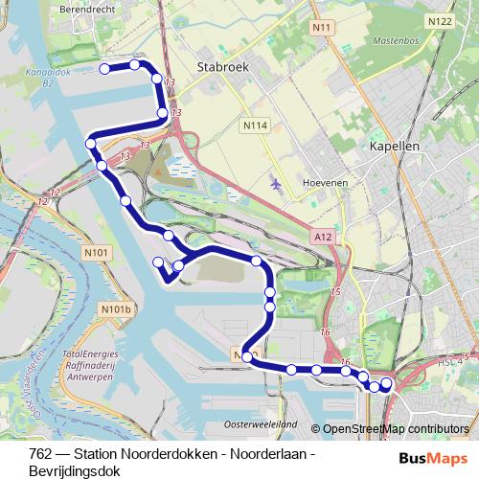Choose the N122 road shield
click(x=439, y=21)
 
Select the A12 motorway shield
click(x=323, y=233)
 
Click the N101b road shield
click(x=113, y=309)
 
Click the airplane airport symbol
click(x=277, y=183)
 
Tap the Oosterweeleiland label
click(x=260, y=423)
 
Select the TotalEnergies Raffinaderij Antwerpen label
click(x=89, y=366)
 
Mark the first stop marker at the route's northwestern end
click(x=104, y=68)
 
